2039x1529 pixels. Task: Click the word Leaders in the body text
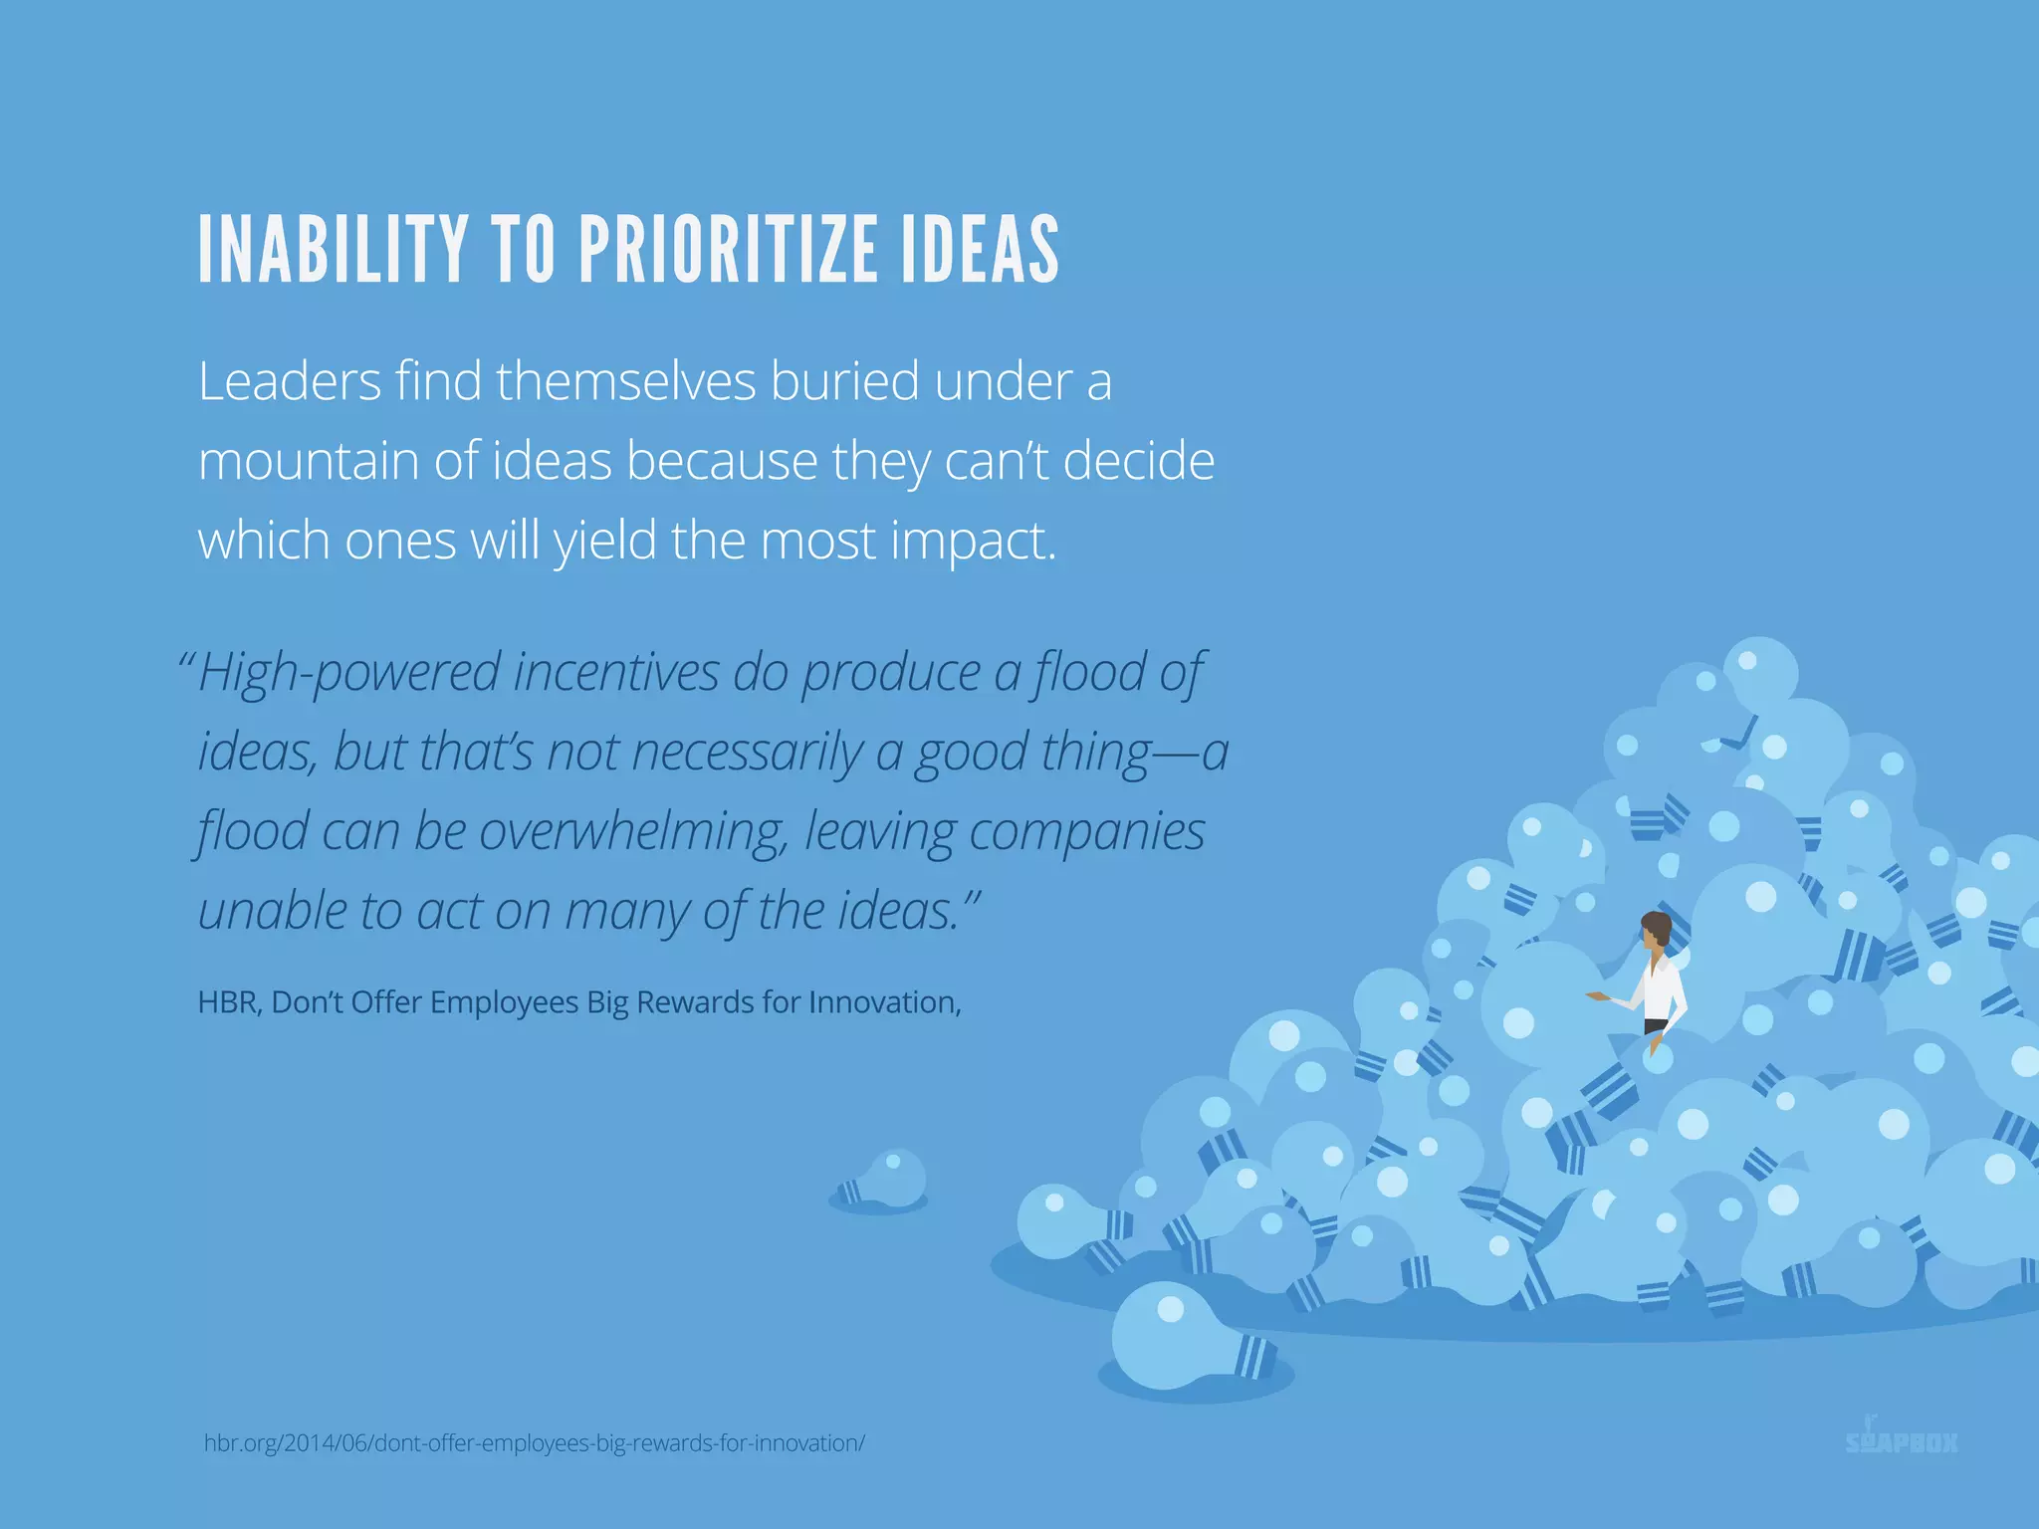(290, 381)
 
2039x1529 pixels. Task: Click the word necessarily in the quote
(747, 753)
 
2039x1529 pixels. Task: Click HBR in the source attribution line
(228, 1002)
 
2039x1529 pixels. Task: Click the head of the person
(1656, 930)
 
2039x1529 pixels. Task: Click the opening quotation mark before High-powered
(186, 659)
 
